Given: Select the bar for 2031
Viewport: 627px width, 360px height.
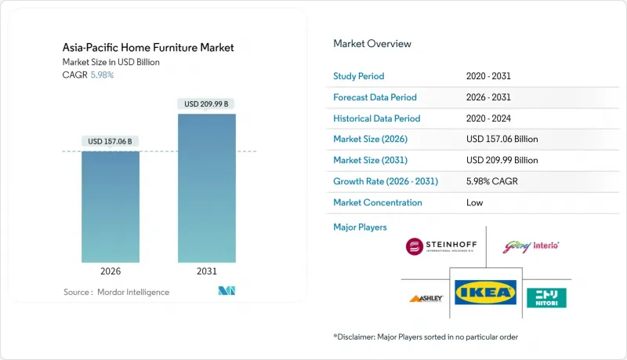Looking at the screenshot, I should [207, 188].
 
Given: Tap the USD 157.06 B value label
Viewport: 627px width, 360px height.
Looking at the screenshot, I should [110, 141].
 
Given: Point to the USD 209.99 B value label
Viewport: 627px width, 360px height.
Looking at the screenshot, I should [207, 104].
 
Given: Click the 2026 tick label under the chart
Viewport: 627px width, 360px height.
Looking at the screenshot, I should [110, 271].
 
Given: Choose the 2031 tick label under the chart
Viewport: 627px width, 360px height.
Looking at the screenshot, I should [207, 271].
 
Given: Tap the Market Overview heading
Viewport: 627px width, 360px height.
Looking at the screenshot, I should [372, 43].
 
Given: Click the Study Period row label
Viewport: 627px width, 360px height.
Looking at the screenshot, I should [360, 76].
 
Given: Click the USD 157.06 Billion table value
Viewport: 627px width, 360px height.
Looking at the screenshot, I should [502, 139].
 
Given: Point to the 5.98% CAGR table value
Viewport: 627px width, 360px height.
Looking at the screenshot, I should [493, 181].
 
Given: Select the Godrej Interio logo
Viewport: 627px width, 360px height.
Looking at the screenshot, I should [533, 245].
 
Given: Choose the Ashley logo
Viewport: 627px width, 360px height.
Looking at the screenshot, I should [427, 298].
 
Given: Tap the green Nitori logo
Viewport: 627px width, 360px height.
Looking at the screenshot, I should [546, 296].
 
